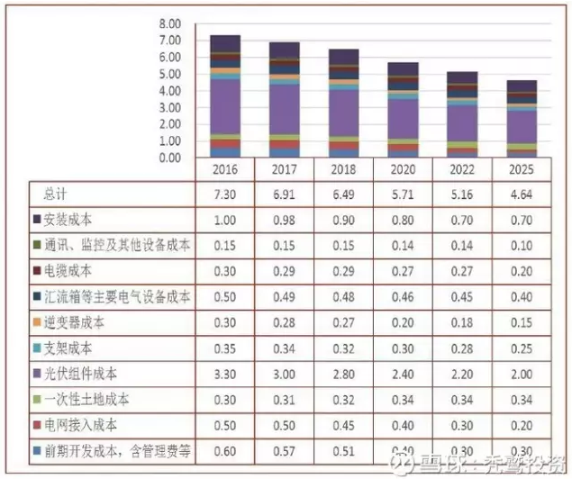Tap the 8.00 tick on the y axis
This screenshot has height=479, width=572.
168,23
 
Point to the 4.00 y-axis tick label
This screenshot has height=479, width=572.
168,91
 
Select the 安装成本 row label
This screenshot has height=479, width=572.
68,219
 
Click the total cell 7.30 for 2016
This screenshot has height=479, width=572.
225,194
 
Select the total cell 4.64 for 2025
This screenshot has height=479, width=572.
522,194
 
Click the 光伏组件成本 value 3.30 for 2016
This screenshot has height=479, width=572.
225,373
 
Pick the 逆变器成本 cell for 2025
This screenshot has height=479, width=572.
522,321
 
